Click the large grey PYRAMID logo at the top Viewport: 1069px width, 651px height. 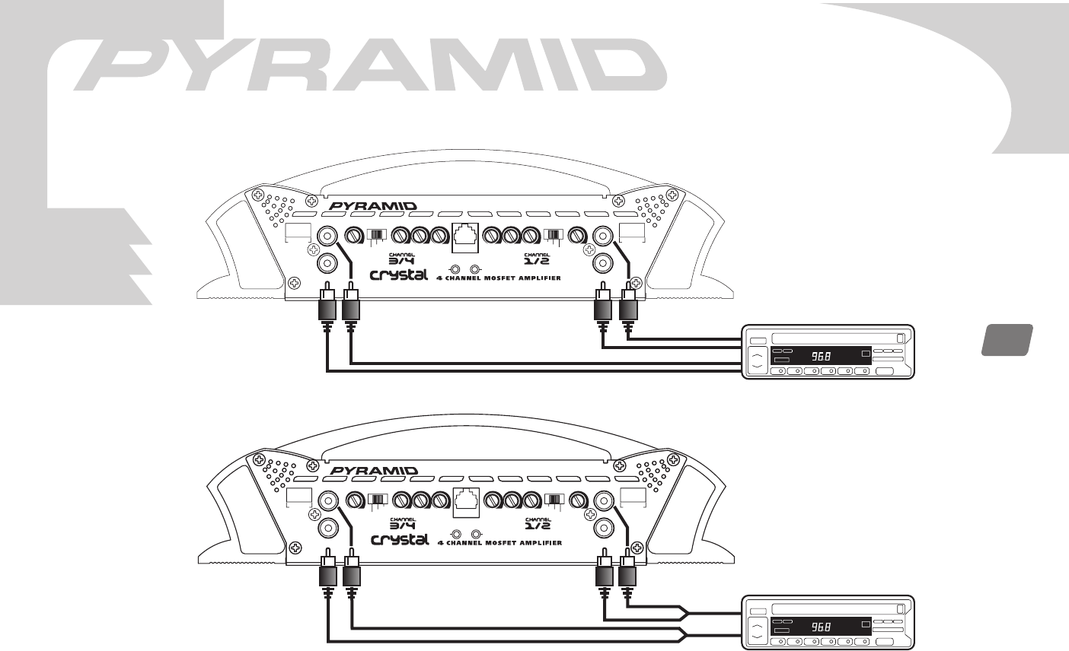click(x=370, y=65)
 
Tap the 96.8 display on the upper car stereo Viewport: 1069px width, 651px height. click(x=821, y=356)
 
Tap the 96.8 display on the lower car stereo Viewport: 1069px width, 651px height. click(x=821, y=627)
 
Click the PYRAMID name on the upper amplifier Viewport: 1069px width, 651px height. click(x=373, y=206)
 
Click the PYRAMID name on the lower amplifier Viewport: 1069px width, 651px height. click(x=374, y=471)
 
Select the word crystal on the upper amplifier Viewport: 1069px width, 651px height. click(x=399, y=275)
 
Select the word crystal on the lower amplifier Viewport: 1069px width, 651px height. click(x=400, y=539)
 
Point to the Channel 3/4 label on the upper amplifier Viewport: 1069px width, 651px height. click(x=401, y=259)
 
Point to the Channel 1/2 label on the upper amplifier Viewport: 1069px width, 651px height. click(x=537, y=259)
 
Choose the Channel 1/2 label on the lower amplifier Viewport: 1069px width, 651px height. click(x=538, y=523)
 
